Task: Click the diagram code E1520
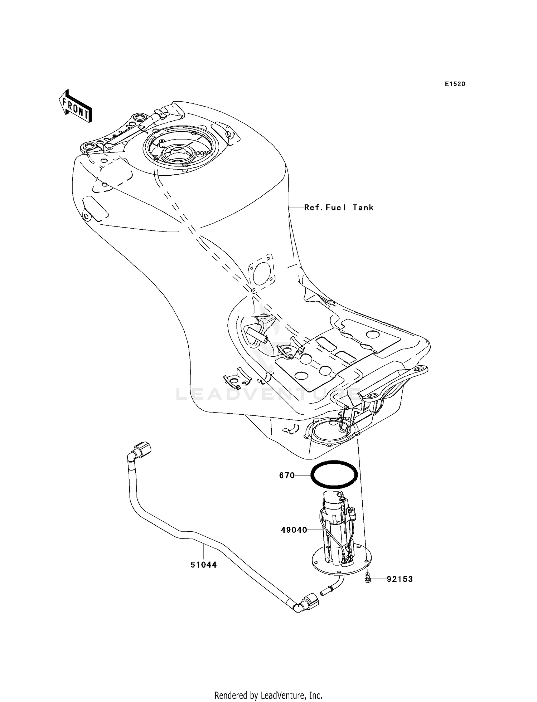(455, 84)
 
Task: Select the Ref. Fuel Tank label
(339, 208)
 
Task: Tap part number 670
(287, 476)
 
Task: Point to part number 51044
(203, 565)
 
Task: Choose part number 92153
(400, 579)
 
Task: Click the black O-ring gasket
(334, 475)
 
